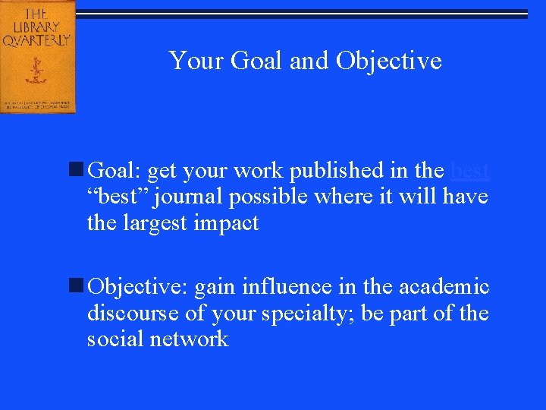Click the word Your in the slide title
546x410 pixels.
(187, 60)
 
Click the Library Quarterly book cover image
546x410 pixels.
(37, 56)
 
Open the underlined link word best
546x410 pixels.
(469, 172)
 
